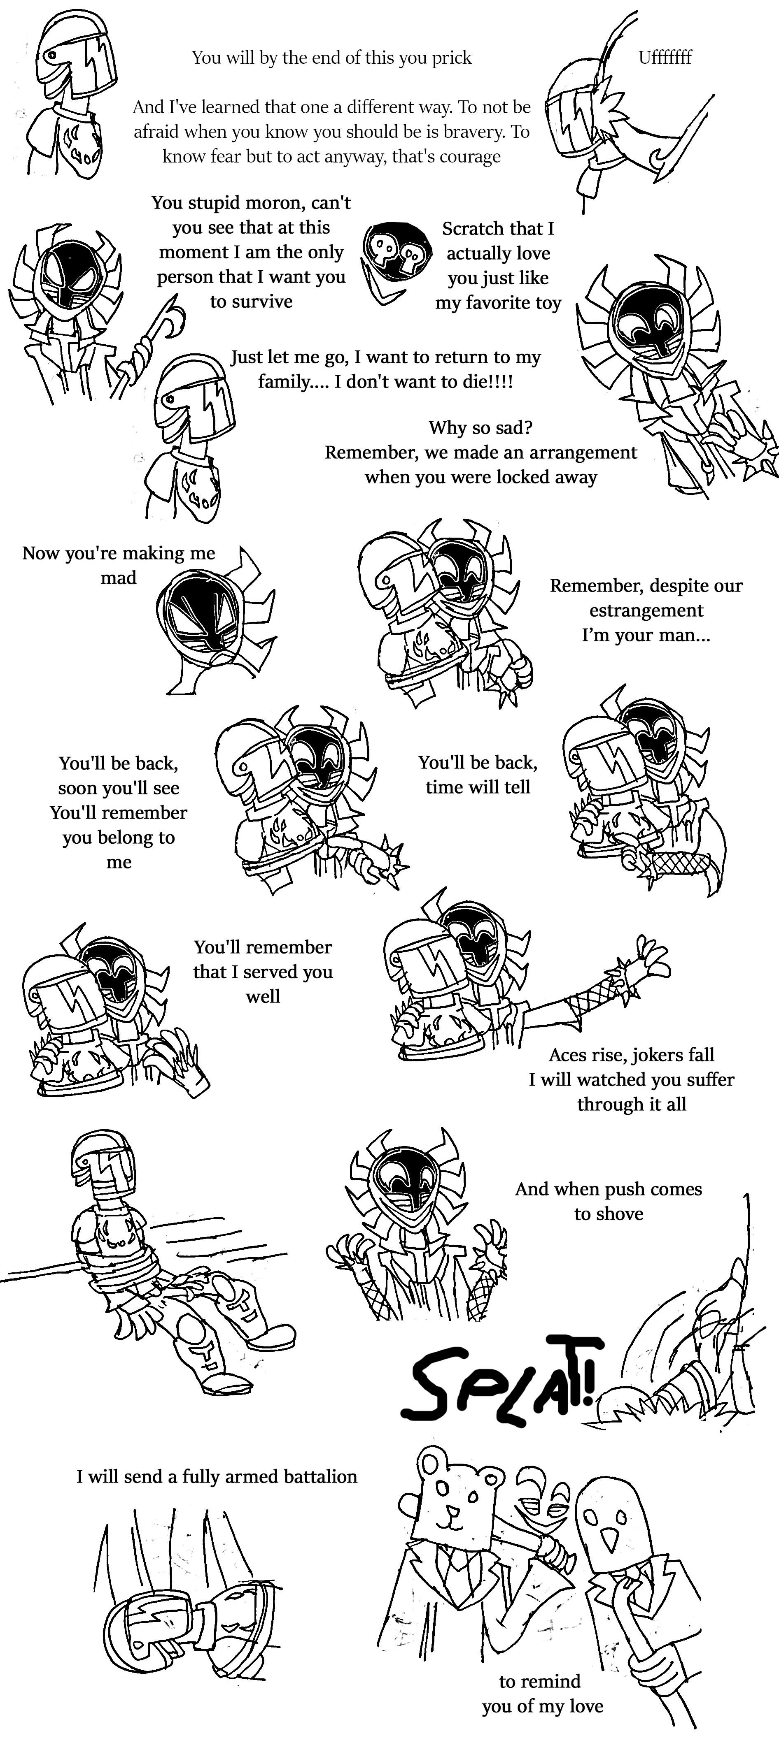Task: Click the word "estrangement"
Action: tap(646, 610)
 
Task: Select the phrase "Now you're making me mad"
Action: tap(119, 565)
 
